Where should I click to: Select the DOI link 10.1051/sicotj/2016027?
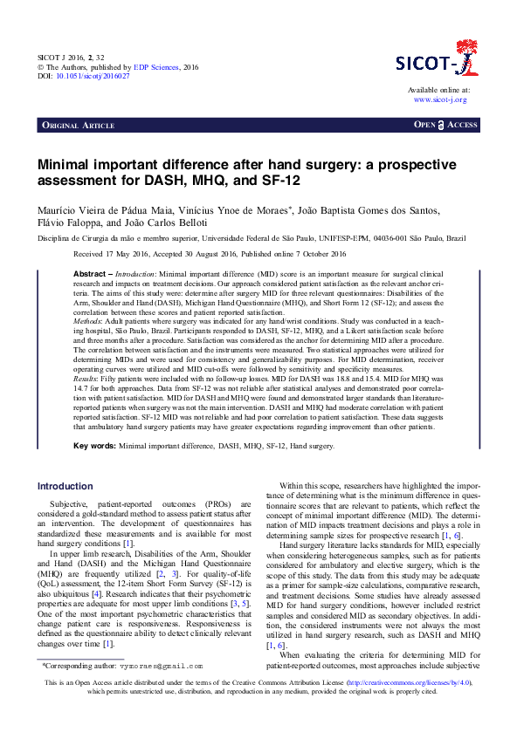pyautogui.click(x=93, y=76)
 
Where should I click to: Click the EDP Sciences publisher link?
pyautogui.click(x=157, y=65)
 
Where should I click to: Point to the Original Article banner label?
pyautogui.click(x=79, y=126)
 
